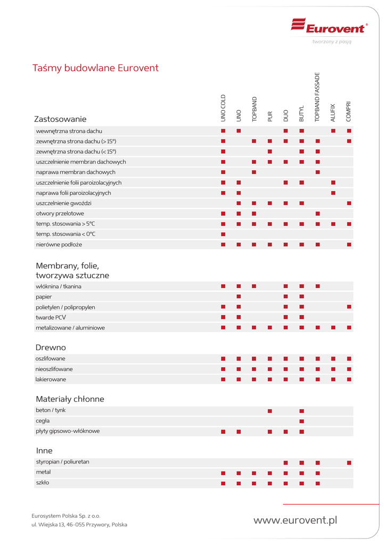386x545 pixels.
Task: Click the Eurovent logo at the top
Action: (x=328, y=27)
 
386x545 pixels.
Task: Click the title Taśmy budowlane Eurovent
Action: (x=96, y=68)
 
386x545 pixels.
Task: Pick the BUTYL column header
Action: (x=301, y=112)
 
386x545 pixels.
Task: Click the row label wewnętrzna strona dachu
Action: (x=69, y=131)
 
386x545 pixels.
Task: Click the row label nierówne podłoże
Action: (x=59, y=244)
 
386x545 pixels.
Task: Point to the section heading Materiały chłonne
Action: (x=70, y=399)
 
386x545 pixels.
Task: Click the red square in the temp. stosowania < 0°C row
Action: (x=224, y=234)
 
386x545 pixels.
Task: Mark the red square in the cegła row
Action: (x=301, y=421)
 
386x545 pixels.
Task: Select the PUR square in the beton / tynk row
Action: (x=270, y=411)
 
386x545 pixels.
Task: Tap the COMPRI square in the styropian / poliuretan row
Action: (x=349, y=463)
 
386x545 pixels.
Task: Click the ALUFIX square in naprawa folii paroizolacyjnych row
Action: (x=333, y=193)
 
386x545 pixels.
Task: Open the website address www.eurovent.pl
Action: (x=295, y=520)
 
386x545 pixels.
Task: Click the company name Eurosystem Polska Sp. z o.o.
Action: (x=66, y=516)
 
